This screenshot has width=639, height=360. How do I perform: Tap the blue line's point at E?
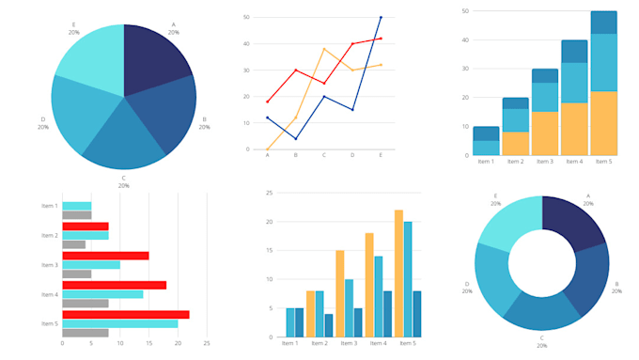[x=381, y=17]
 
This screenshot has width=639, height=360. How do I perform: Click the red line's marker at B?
[x=296, y=70]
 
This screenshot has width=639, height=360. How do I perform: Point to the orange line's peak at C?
[x=324, y=49]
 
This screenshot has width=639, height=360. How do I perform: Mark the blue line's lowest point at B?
[x=296, y=139]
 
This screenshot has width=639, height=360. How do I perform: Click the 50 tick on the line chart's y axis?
[x=246, y=17]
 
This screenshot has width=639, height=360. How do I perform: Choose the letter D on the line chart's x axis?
[x=352, y=155]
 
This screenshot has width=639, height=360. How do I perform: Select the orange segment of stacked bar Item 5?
[x=603, y=123]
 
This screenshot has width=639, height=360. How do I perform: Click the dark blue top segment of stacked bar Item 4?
[x=574, y=52]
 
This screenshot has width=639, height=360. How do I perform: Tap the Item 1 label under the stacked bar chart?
[x=486, y=163]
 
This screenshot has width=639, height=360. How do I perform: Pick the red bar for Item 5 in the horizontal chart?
[x=126, y=314]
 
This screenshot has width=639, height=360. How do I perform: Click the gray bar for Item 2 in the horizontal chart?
[x=73, y=245]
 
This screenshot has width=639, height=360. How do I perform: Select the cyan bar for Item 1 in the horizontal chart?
[x=76, y=206]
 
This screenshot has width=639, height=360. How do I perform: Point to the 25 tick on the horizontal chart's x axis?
[x=207, y=344]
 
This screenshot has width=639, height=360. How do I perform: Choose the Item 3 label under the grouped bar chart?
[x=350, y=344]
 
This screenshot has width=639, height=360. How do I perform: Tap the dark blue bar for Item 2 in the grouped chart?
[x=329, y=325]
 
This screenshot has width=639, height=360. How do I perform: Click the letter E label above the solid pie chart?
[x=73, y=24]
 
